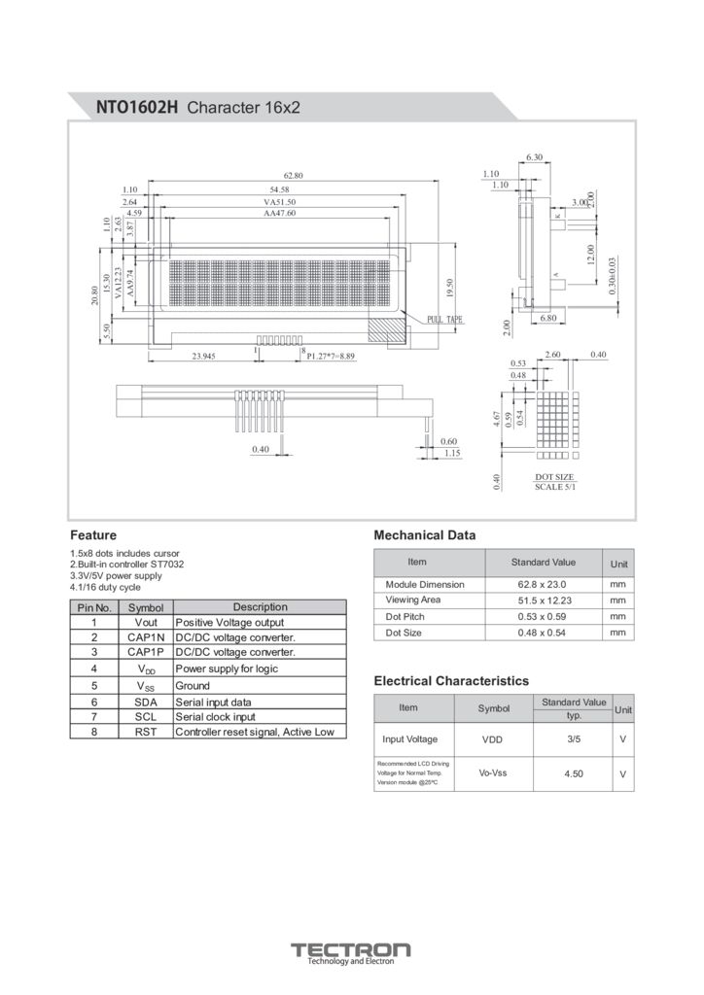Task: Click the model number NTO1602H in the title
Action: [x=137, y=107]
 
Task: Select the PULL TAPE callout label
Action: [x=445, y=320]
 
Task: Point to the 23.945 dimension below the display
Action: [x=203, y=357]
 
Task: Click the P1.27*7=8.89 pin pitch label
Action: [x=332, y=357]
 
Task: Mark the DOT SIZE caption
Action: [x=555, y=477]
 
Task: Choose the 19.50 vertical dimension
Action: [x=449, y=288]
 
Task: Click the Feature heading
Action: [x=93, y=535]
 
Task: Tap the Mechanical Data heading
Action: [x=425, y=535]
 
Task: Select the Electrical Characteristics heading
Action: [x=451, y=681]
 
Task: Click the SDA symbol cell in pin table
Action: [x=146, y=702]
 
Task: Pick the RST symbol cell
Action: [x=146, y=732]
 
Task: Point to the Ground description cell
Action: [x=193, y=686]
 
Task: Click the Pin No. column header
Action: [x=94, y=607]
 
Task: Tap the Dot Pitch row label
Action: [x=405, y=616]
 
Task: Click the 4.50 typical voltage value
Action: [x=573, y=773]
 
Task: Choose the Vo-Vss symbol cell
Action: [x=494, y=772]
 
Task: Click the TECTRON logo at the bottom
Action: [x=351, y=949]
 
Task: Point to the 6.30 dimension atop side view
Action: [x=534, y=156]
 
